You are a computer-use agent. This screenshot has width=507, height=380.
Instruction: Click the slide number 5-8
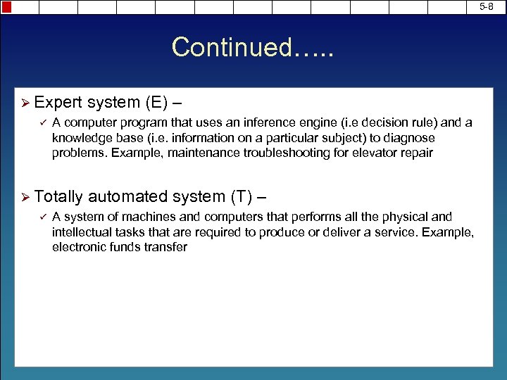487,6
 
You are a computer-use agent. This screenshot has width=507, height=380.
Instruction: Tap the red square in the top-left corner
6,7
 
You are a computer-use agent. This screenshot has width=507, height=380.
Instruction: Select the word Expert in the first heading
58,103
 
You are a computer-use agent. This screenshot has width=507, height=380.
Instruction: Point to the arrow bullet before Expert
24,103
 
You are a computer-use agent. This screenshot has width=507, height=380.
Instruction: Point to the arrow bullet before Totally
24,198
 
